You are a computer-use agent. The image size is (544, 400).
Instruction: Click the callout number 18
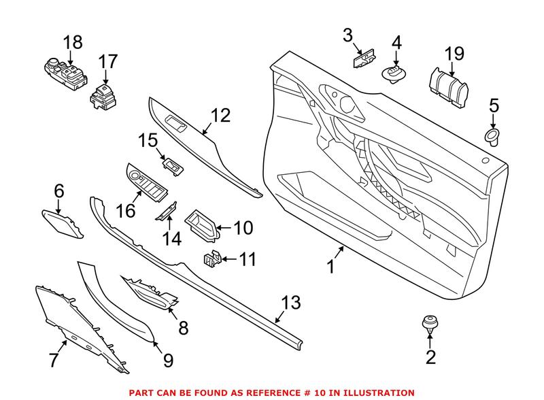(73, 42)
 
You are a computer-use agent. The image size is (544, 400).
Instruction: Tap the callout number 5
(494, 105)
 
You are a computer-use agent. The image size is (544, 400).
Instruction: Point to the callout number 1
(331, 267)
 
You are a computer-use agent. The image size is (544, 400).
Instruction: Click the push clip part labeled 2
(430, 323)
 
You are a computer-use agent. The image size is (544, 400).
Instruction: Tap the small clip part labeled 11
(211, 259)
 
